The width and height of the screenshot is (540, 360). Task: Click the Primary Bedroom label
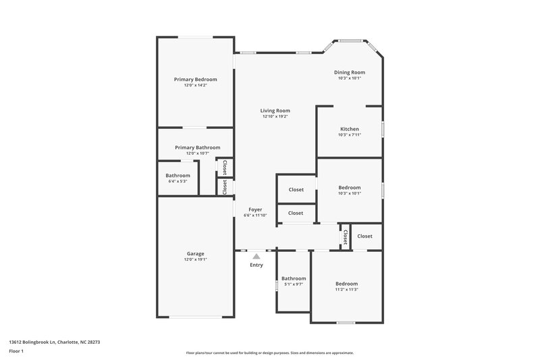[x=195, y=79]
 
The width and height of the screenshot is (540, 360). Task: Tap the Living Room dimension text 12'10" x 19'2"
[x=275, y=117]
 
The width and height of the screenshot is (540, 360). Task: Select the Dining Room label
[x=350, y=72]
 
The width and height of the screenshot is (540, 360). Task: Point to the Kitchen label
[x=349, y=129]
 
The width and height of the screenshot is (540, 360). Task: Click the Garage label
[x=196, y=254]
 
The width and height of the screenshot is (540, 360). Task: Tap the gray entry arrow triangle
[x=256, y=256]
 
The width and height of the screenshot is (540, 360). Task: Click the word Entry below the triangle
[x=256, y=265]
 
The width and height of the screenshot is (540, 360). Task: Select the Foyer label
[x=255, y=209]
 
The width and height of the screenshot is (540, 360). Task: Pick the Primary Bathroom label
[x=197, y=147]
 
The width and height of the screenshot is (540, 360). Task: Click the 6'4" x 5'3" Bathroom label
[x=178, y=175]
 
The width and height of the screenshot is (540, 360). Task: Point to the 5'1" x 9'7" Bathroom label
[x=294, y=278]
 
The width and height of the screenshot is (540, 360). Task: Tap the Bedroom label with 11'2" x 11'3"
[x=347, y=284]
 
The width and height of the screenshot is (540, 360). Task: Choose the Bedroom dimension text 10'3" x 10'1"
[x=349, y=193]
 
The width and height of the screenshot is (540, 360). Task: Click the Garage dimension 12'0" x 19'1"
[x=196, y=260]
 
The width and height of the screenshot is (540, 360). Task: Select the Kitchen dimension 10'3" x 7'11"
[x=349, y=135]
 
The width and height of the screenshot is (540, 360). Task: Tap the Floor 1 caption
[x=16, y=351]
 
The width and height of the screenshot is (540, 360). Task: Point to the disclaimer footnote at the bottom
[x=270, y=353]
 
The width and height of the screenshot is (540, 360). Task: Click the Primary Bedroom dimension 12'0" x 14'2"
[x=195, y=85]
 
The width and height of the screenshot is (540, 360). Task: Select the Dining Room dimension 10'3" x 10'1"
[x=350, y=78]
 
